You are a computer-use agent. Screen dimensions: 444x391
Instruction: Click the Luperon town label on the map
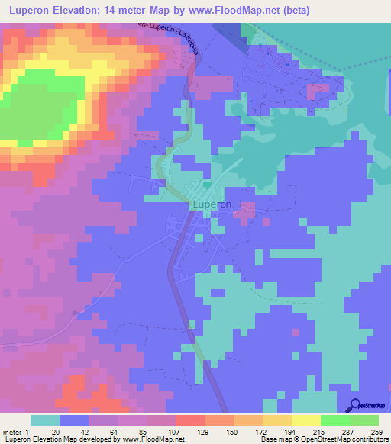pos(211,205)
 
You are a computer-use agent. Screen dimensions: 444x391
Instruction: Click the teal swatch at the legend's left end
pos(45,420)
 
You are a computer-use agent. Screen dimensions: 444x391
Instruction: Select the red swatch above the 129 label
pos(189,420)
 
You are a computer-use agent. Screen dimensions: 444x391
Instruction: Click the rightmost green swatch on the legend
pos(364,420)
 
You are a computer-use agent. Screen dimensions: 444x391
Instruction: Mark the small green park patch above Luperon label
pos(206,184)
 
